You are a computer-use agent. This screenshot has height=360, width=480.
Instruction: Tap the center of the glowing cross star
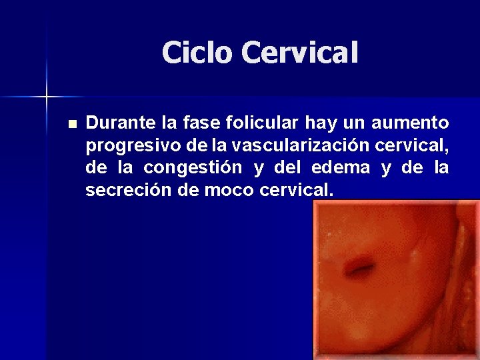(47, 97)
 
